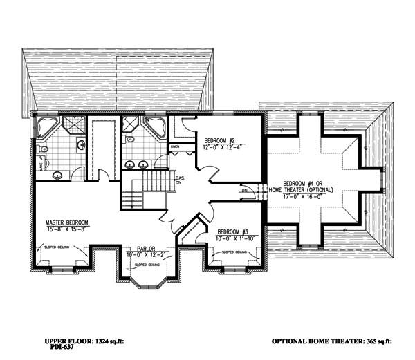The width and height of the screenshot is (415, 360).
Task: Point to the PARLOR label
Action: (x=145, y=247)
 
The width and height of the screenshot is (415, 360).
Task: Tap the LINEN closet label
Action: (x=175, y=147)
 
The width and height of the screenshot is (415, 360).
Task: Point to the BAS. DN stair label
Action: (x=179, y=182)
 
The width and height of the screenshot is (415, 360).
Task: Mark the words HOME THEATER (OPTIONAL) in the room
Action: (x=302, y=189)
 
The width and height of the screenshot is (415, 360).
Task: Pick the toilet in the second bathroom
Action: (x=128, y=138)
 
